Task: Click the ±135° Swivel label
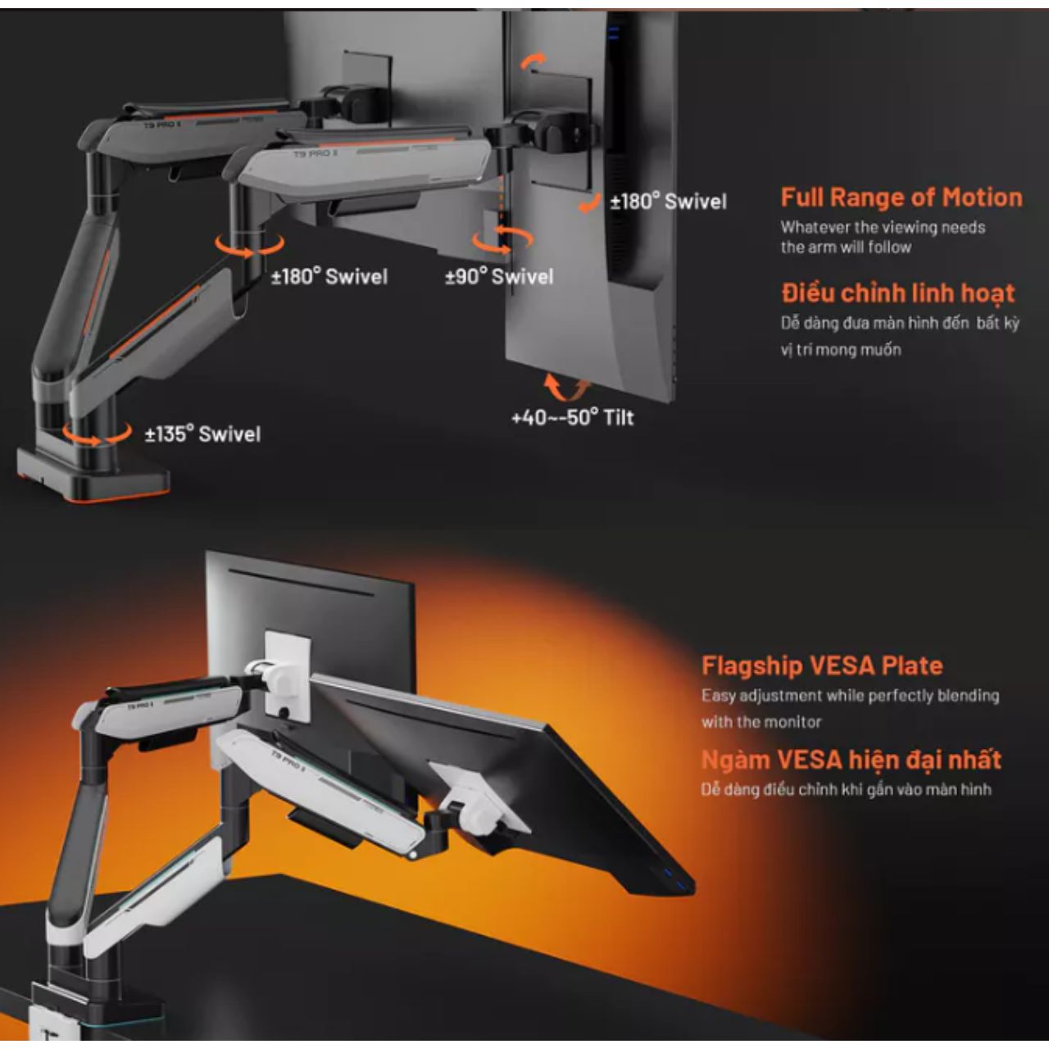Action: point(202,434)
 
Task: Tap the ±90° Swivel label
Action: point(499,276)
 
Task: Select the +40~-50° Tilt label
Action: point(573,418)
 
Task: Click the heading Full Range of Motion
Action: point(901,197)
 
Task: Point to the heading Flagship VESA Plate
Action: point(822,665)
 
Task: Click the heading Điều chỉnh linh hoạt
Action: point(898,293)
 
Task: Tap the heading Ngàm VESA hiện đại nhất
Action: point(851,760)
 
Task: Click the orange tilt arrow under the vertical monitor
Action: point(566,388)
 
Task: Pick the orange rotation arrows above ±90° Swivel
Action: point(502,240)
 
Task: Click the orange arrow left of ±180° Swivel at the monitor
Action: point(589,204)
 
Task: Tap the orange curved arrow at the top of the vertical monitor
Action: point(532,61)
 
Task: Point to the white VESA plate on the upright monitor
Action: point(288,676)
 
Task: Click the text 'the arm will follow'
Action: point(846,247)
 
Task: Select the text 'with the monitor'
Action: point(761,722)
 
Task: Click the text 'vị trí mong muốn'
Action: point(841,349)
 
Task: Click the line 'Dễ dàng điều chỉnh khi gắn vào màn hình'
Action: point(846,789)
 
